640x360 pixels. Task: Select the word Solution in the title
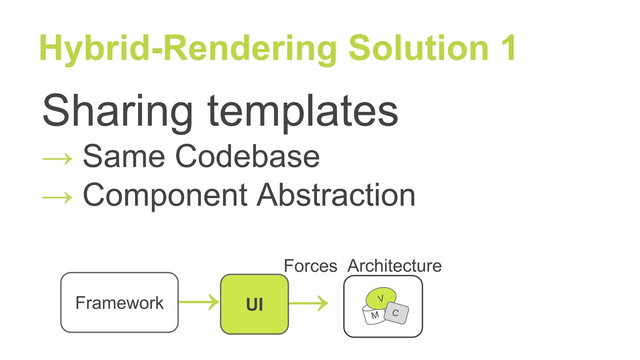point(419,48)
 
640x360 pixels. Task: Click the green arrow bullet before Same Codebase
point(57,159)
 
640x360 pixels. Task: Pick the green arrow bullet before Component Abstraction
point(57,197)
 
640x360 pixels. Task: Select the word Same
point(124,156)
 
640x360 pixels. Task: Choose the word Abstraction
point(336,195)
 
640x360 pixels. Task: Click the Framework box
point(119,302)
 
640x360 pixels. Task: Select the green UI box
point(254,304)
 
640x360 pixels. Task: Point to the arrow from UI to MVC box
point(308,303)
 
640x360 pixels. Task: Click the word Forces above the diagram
point(310,266)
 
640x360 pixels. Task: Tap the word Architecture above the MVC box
point(394,266)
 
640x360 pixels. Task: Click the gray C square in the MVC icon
point(396,313)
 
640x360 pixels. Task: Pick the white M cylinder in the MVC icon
point(373,316)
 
